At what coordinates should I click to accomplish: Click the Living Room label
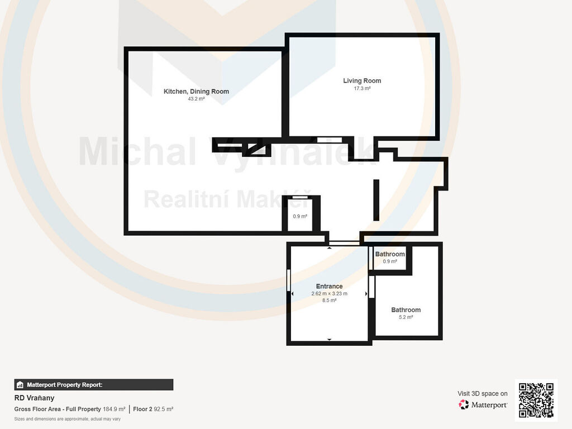(x=362, y=80)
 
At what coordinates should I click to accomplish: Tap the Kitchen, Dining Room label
(x=196, y=92)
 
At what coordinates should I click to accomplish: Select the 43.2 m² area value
(x=196, y=99)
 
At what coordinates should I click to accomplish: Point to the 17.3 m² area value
(x=362, y=88)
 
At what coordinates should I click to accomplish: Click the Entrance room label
(x=329, y=287)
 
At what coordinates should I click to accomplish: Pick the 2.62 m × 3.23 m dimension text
(x=329, y=293)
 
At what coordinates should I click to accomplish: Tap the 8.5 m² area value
(x=329, y=300)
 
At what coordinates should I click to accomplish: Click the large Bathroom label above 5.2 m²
(x=406, y=309)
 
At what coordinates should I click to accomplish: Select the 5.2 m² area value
(x=406, y=317)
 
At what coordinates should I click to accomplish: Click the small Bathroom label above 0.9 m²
(x=390, y=254)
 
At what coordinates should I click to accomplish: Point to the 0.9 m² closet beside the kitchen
(x=300, y=216)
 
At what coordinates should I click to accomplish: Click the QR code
(x=536, y=400)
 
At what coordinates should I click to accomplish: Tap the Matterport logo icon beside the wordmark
(x=464, y=404)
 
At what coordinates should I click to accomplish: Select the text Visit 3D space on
(x=482, y=394)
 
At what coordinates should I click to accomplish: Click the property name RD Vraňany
(x=34, y=398)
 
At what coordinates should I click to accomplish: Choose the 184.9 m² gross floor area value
(x=114, y=409)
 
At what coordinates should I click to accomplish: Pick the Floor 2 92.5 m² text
(x=153, y=409)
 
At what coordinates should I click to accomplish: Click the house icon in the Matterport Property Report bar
(x=20, y=385)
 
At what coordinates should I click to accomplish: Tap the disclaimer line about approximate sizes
(x=68, y=419)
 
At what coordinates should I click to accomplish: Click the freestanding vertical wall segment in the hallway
(x=376, y=200)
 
